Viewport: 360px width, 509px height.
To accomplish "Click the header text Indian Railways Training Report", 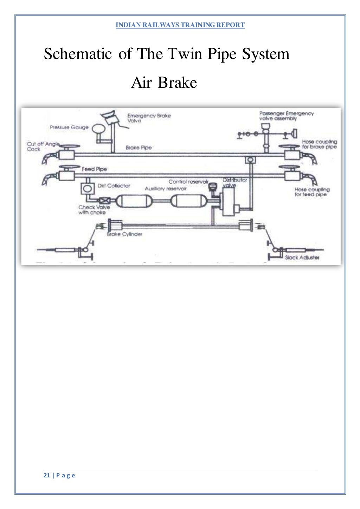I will pos(180,25).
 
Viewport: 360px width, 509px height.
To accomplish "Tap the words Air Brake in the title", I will pos(164,83).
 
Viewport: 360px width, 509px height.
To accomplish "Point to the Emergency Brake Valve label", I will pos(149,118).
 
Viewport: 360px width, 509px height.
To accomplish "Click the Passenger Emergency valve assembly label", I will pos(286,116).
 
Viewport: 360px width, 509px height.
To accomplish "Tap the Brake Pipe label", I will pos(139,148).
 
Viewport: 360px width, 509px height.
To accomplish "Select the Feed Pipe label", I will pos(94,169).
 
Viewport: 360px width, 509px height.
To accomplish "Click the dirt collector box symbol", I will pos(87,189).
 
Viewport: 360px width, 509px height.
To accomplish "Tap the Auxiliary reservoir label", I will pos(166,189).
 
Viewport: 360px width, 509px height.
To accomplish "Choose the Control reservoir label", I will pos(188,182).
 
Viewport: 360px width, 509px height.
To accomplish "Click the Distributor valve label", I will pos(234,182).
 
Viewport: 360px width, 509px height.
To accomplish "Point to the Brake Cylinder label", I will pos(125,234).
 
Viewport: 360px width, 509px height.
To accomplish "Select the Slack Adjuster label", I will pos(302,257).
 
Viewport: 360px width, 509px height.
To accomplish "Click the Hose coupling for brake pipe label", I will pos(319,144).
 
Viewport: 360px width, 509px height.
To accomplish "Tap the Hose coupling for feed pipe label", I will pos(311,192).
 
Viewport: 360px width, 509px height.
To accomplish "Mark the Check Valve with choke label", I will pos(94,210).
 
